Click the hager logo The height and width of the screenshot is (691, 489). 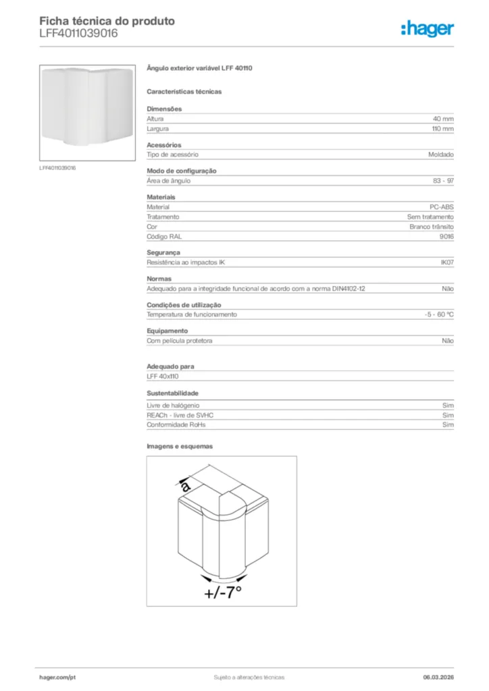pos(427,28)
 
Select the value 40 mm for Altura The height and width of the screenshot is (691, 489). pos(443,119)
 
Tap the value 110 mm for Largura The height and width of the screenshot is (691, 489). pos(442,128)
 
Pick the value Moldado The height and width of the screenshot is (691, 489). pos(440,155)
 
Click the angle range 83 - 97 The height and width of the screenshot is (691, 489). pos(443,181)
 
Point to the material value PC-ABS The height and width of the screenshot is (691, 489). pos(442,207)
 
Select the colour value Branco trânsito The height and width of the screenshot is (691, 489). pos(432,227)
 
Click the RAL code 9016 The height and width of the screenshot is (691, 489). pos(446,237)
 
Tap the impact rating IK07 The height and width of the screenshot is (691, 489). pos(446,262)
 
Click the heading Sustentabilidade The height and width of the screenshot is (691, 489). pos(173,393)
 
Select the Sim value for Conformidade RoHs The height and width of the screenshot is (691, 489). pos(448,425)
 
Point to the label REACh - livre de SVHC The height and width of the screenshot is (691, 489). pos(184,415)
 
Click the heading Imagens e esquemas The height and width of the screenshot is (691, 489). pos(180,446)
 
